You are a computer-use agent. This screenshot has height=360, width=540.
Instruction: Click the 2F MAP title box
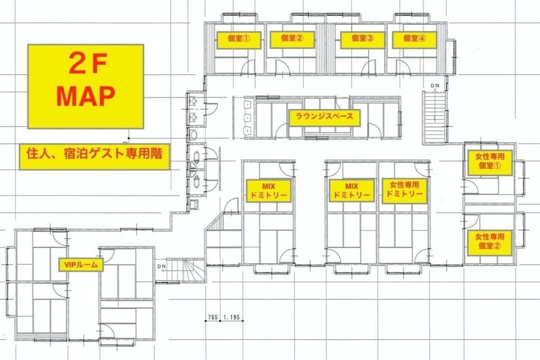click(x=86, y=87)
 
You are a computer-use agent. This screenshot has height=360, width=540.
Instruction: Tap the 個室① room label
click(x=239, y=40)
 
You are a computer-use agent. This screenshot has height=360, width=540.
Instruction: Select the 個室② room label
click(x=292, y=40)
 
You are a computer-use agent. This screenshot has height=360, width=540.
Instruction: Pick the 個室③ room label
click(x=362, y=40)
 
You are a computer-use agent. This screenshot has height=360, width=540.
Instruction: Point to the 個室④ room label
click(x=415, y=40)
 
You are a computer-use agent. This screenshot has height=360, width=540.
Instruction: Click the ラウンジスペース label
click(x=324, y=118)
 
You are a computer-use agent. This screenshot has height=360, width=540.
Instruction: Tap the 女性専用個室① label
click(x=490, y=163)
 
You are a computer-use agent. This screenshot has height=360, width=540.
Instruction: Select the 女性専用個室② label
click(x=490, y=243)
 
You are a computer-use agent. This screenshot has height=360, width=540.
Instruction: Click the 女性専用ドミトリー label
click(x=405, y=191)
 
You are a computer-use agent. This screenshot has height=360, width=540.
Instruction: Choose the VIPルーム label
click(x=81, y=265)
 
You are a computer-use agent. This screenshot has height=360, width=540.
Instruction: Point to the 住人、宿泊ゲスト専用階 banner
click(x=94, y=157)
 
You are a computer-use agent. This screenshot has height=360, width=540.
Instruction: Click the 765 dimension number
click(x=213, y=317)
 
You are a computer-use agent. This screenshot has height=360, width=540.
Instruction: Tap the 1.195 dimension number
click(x=232, y=317)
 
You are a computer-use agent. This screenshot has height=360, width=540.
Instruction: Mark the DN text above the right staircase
click(x=435, y=86)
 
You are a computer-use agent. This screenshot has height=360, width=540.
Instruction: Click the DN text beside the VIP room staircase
click(x=162, y=266)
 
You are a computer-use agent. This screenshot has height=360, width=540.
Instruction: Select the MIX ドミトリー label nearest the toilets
click(x=269, y=191)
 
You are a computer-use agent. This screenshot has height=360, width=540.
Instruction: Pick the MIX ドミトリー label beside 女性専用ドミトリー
click(x=352, y=190)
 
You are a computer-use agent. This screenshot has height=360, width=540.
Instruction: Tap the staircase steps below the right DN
click(x=435, y=118)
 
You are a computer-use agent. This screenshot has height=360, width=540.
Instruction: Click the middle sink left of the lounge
click(x=248, y=118)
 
